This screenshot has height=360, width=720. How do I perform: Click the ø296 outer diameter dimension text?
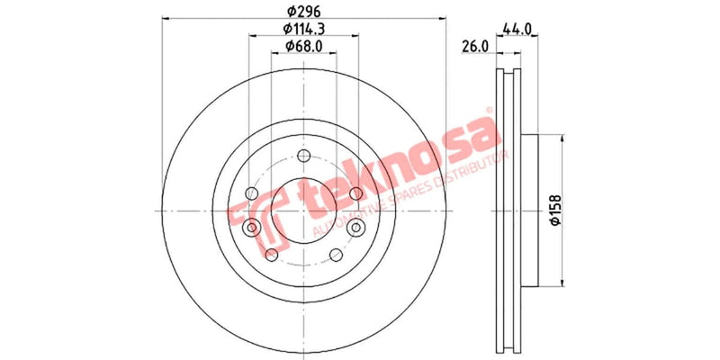pyautogui.click(x=303, y=13)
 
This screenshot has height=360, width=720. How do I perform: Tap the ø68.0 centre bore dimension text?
pyautogui.click(x=303, y=48)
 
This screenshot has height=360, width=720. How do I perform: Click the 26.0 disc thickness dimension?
pyautogui.click(x=473, y=47)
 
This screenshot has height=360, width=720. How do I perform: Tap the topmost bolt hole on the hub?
pyautogui.click(x=303, y=154)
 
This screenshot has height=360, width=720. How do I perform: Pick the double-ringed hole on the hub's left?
pyautogui.click(x=253, y=227)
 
